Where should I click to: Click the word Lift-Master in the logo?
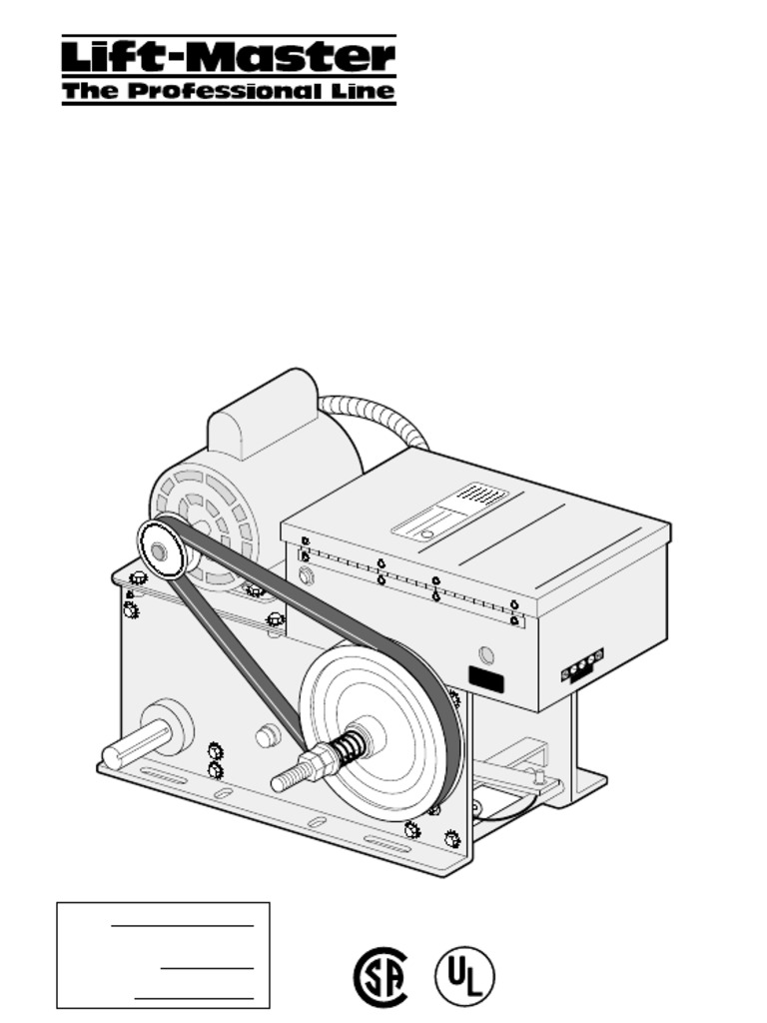(228, 56)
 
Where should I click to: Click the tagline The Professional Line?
(228, 92)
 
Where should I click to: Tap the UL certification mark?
(464, 976)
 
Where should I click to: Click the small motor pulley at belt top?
(161, 547)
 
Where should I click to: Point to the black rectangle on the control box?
(486, 681)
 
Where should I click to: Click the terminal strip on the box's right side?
(583, 664)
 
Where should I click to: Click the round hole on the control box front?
(486, 655)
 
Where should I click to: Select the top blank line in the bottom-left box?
(182, 926)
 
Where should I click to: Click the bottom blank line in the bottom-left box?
(194, 997)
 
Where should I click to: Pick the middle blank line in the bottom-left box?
(207, 967)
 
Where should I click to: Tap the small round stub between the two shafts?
(266, 737)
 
